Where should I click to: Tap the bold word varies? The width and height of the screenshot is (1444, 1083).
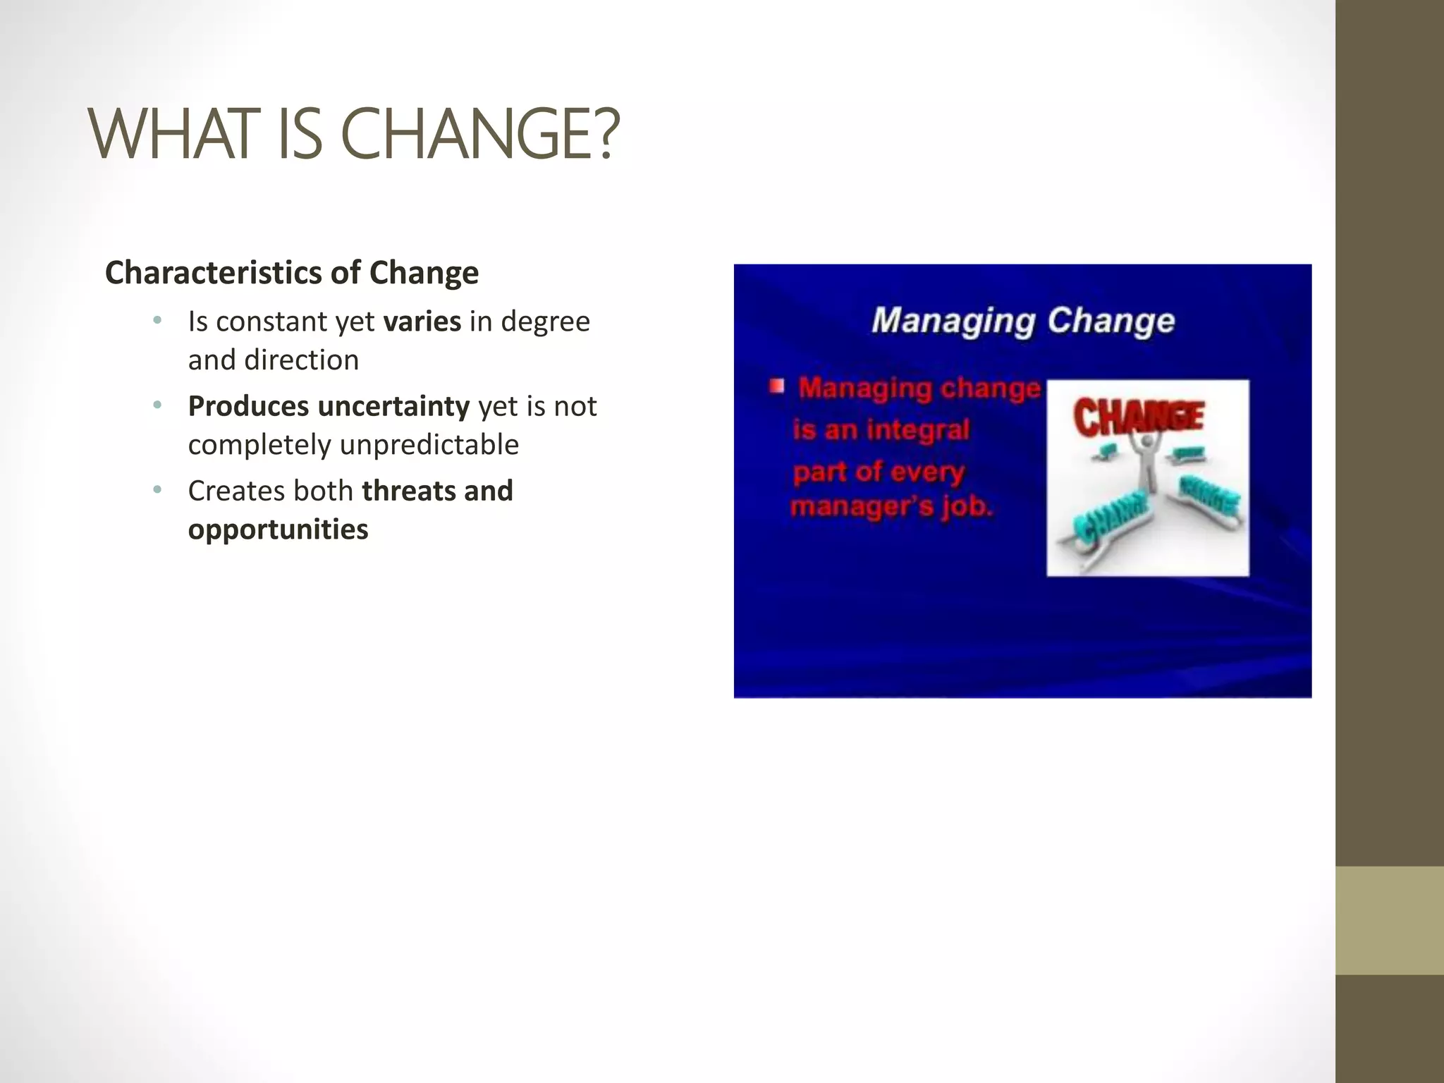point(422,322)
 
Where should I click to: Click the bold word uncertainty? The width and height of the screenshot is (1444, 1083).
point(393,406)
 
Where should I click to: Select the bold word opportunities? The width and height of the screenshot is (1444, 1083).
point(278,530)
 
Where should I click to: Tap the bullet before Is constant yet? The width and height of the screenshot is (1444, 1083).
point(157,322)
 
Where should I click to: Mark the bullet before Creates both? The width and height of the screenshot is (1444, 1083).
point(157,490)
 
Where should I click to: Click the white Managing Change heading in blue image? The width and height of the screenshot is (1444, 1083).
point(1022,321)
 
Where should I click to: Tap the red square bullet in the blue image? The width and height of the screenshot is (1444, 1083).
point(777,386)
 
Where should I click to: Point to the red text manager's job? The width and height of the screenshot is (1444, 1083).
point(891,507)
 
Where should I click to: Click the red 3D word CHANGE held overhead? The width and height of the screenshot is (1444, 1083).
point(1138,416)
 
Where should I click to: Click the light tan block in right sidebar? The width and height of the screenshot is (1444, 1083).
point(1389,920)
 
